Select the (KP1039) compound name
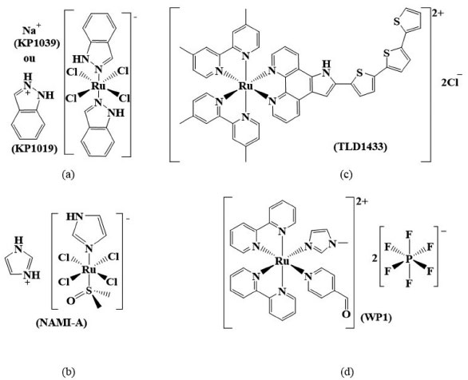[x=37, y=44]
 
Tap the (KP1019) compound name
[x=34, y=148]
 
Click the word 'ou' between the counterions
[x=30, y=58]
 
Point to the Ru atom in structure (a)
[x=98, y=86]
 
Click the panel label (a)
[x=68, y=173]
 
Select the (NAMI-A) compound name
[x=61, y=323]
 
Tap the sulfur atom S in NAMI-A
[x=89, y=291]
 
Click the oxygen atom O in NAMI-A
[x=70, y=301]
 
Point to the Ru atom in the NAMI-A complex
[x=89, y=271]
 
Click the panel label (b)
[x=68, y=372]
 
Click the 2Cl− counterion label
[x=451, y=81]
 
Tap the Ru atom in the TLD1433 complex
[x=246, y=86]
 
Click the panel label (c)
[x=347, y=173]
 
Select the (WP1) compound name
[x=376, y=318]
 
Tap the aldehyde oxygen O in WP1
[x=346, y=314]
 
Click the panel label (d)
[x=347, y=372]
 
